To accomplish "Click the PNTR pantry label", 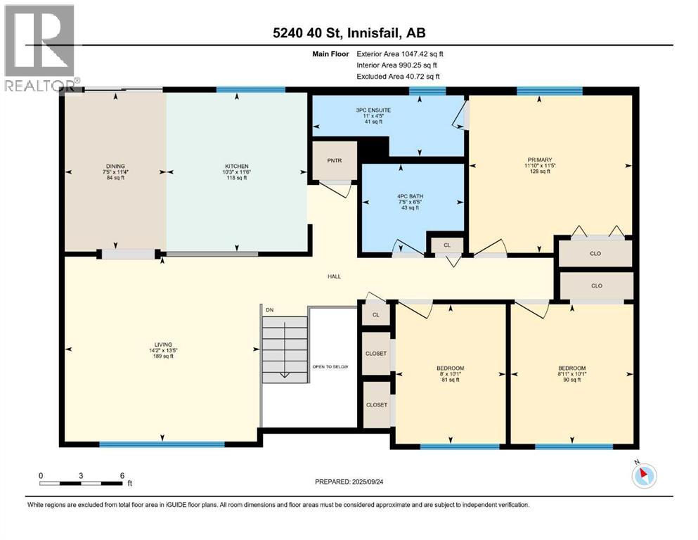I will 335,160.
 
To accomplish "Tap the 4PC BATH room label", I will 409,195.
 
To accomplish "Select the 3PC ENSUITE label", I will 373,110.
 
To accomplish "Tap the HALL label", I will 334,276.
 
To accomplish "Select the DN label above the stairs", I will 268,309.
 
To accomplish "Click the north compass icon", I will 643,476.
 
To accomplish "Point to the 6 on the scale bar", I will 122,475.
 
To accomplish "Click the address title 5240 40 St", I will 349,32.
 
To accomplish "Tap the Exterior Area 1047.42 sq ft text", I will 400,53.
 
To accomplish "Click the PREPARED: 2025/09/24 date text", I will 349,482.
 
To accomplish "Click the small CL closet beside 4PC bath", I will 447,245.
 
